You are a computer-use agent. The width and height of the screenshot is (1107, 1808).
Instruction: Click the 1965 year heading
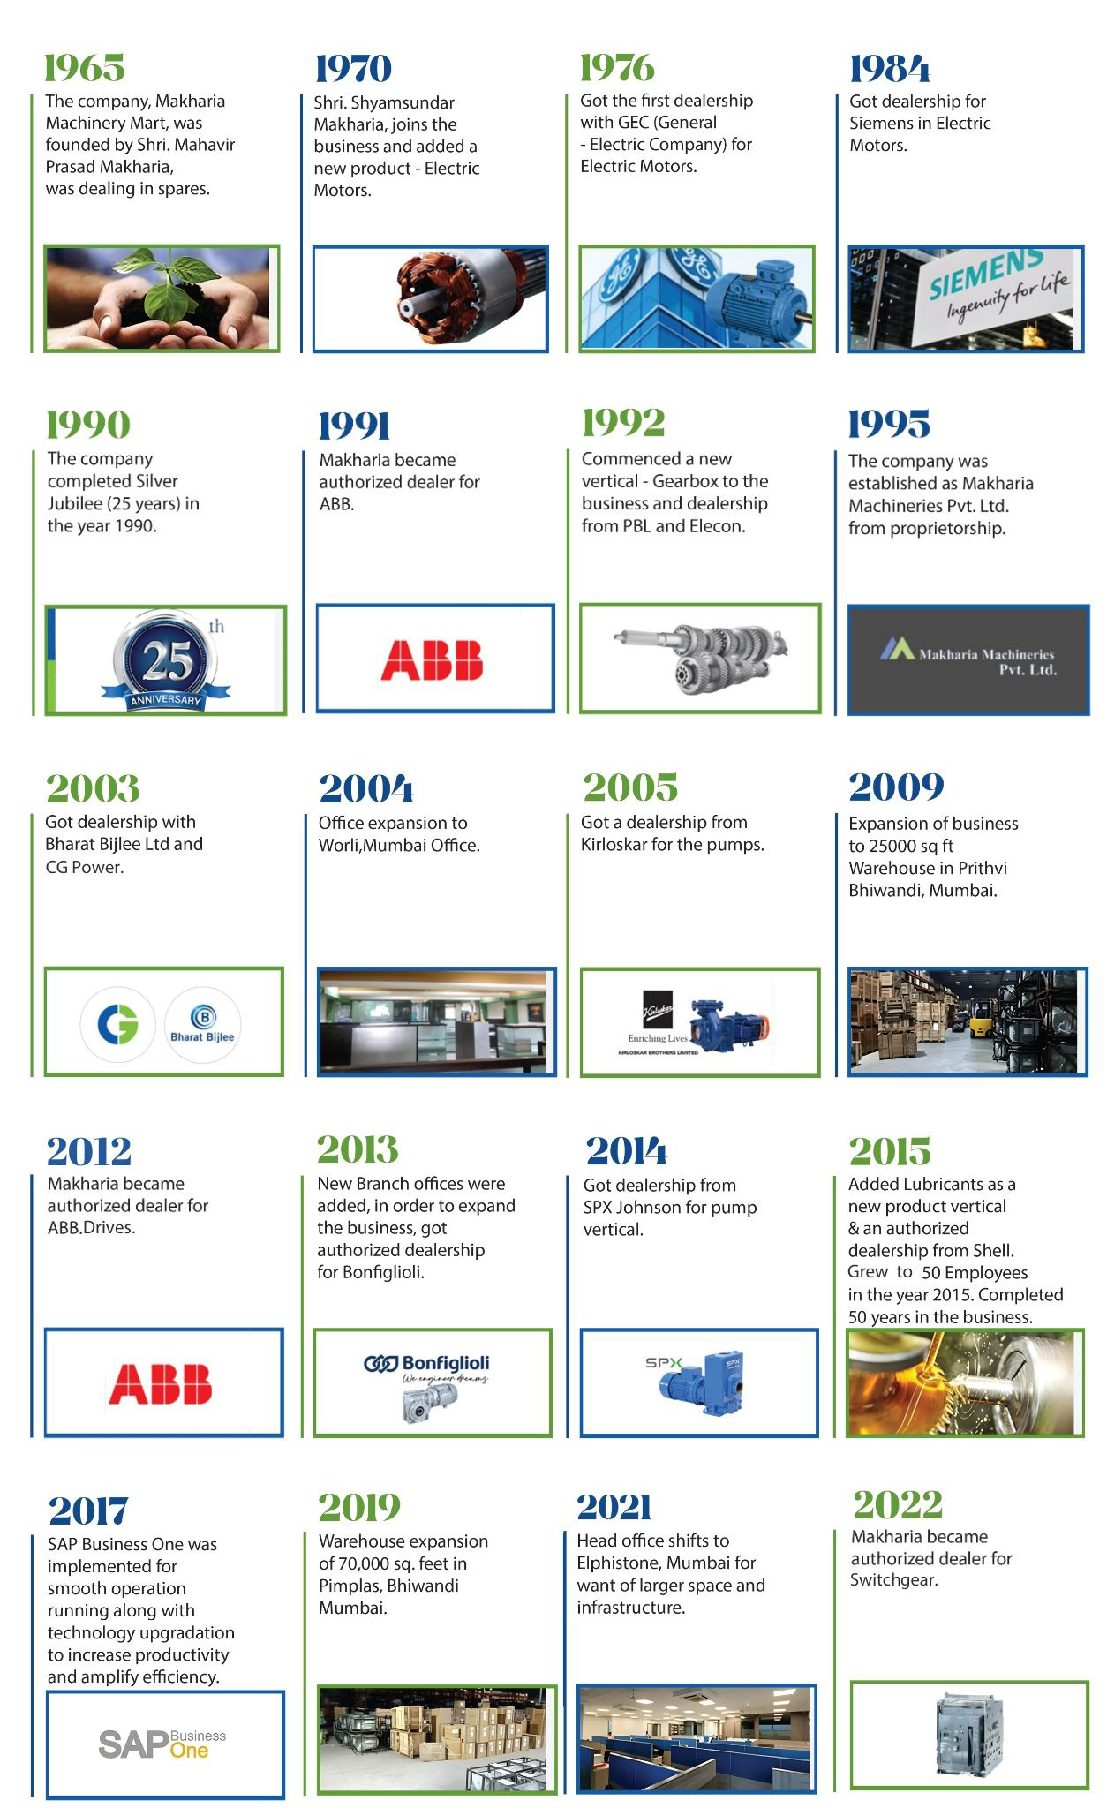pos(85,68)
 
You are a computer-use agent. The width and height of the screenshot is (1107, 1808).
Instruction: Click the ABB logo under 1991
pos(432,659)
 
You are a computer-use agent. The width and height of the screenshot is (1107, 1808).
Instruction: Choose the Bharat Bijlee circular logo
pos(202,1024)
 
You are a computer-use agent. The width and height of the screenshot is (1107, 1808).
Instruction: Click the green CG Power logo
pos(117,1024)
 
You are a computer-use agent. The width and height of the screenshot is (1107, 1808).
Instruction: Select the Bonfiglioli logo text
pos(426,1364)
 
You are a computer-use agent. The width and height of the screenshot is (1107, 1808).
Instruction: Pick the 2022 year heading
pos(898,1504)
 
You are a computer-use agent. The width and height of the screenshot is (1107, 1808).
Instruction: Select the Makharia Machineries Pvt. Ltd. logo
pos(968,660)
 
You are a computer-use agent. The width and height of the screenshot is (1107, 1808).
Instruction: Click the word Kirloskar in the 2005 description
pos(614,844)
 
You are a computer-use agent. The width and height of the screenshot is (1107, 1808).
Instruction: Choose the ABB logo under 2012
pos(160,1383)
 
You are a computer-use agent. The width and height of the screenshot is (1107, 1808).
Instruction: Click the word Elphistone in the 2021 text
pos(616,1563)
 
